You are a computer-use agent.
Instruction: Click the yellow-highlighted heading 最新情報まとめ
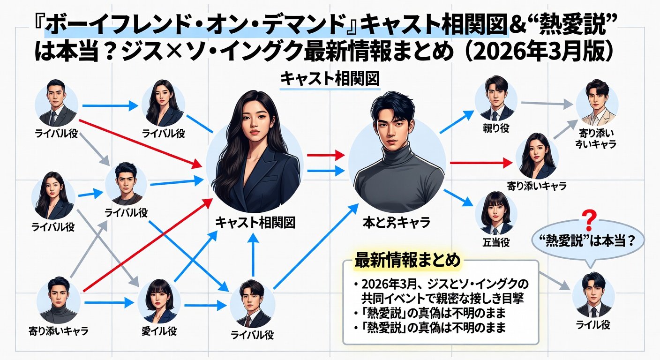point(407,260)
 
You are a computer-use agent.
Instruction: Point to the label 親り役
point(496,128)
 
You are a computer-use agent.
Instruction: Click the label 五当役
point(496,242)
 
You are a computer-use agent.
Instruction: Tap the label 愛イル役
point(159,331)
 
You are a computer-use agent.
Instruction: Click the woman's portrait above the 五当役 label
point(496,213)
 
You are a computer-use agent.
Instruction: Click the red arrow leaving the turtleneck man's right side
point(481,163)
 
